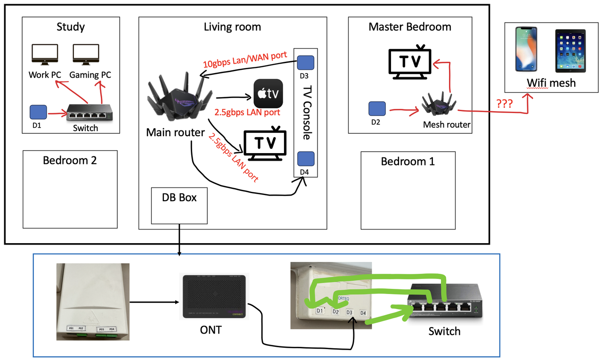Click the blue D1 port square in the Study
pyautogui.click(x=38, y=112)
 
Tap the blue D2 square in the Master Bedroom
pyautogui.click(x=377, y=109)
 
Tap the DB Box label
pyautogui.click(x=179, y=197)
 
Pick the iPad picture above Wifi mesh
pyautogui.click(x=571, y=51)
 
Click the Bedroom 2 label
pyautogui.click(x=70, y=160)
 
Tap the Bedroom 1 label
pyautogui.click(x=407, y=162)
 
